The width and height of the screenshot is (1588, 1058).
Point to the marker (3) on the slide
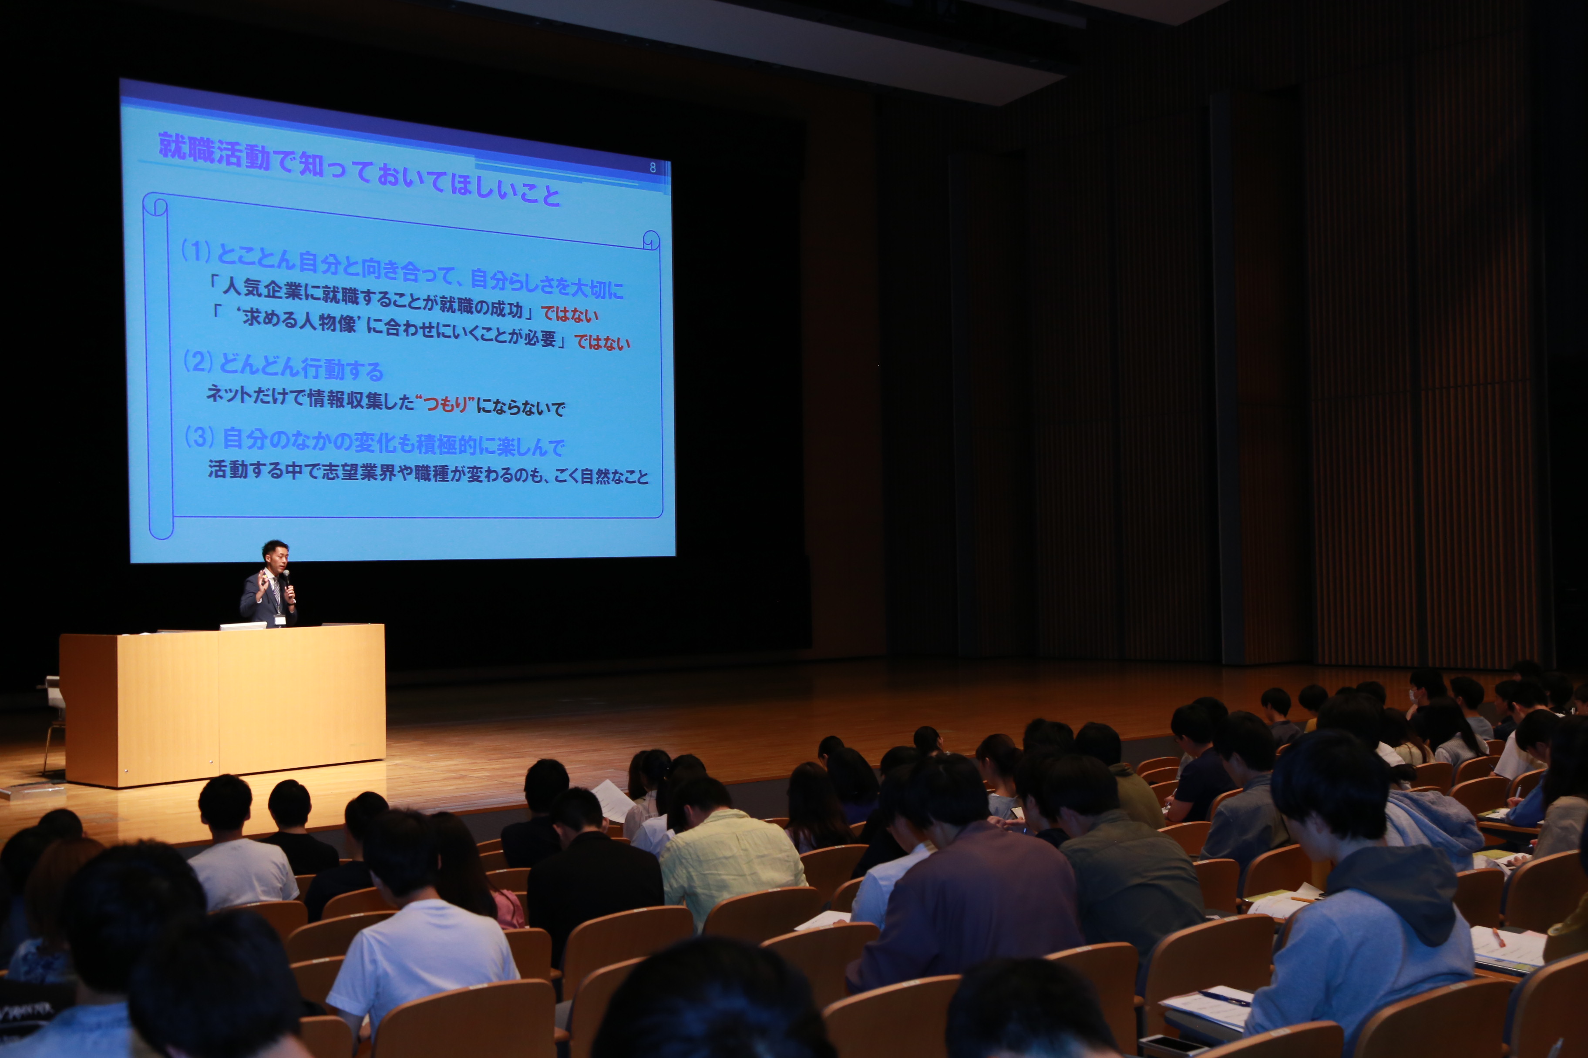[x=200, y=437]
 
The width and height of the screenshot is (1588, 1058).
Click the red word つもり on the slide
[x=445, y=404]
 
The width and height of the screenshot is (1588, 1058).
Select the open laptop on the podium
[x=243, y=626]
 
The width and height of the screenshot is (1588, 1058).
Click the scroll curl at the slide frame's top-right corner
[x=651, y=240]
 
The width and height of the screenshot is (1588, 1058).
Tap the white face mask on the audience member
[x=1413, y=694]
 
